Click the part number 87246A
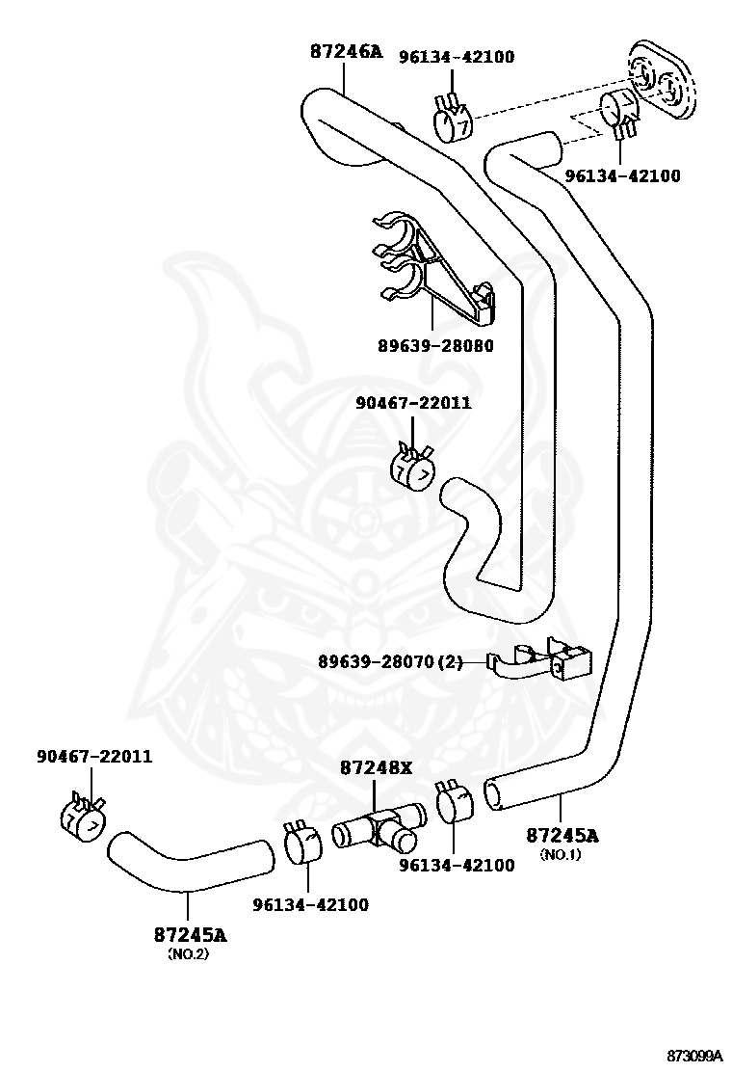tap(346, 51)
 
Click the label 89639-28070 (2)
tap(390, 661)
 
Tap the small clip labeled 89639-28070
tap(544, 660)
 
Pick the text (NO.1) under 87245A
tap(560, 854)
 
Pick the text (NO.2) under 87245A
tap(188, 953)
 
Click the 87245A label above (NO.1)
tap(562, 835)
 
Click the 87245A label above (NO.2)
tap(190, 934)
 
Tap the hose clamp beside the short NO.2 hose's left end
tap(82, 819)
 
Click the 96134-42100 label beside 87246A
tap(457, 57)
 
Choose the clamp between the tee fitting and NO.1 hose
tap(454, 803)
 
